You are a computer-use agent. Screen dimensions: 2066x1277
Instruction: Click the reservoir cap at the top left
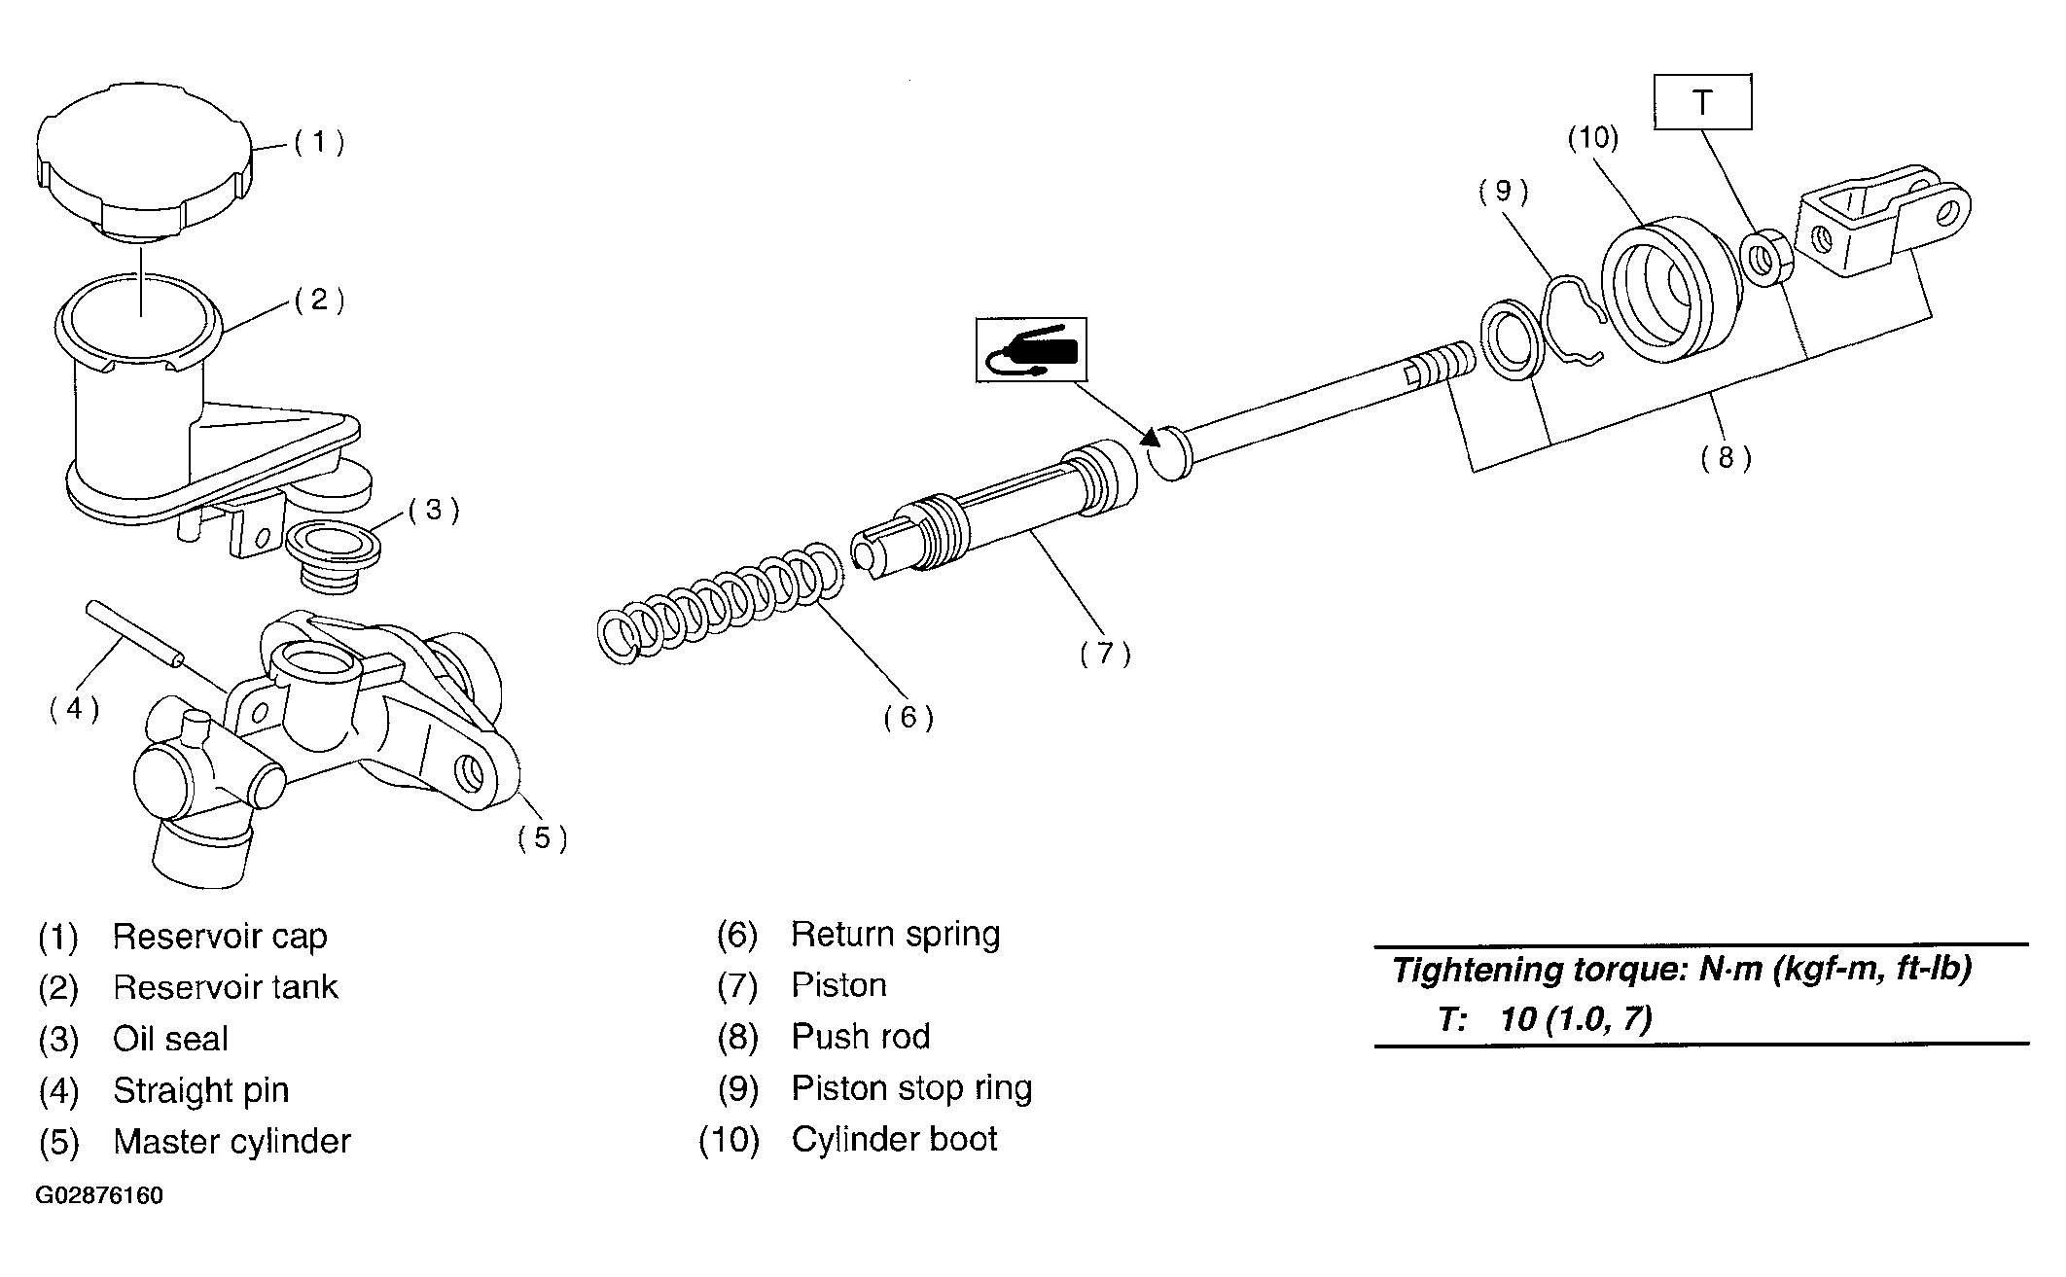(144, 163)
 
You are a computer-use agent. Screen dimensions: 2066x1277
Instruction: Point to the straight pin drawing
(135, 634)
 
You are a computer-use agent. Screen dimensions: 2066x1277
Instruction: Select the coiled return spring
(720, 604)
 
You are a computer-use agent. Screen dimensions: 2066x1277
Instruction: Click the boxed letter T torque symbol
(1702, 102)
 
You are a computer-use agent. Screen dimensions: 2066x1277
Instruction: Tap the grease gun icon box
(1031, 349)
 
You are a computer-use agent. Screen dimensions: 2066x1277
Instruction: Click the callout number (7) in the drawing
(1105, 653)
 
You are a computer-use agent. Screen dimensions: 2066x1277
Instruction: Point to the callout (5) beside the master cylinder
(542, 836)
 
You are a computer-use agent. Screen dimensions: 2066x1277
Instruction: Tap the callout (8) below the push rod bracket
(1726, 457)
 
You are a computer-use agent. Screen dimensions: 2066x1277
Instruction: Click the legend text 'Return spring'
(895, 935)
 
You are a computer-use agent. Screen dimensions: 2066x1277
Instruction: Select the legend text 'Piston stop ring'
(911, 1088)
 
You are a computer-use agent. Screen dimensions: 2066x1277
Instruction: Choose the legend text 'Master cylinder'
(232, 1141)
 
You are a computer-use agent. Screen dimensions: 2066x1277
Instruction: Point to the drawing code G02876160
(99, 1195)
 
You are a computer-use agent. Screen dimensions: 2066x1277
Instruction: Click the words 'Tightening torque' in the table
(1540, 970)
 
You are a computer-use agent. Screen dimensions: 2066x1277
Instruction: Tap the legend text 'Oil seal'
(170, 1039)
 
